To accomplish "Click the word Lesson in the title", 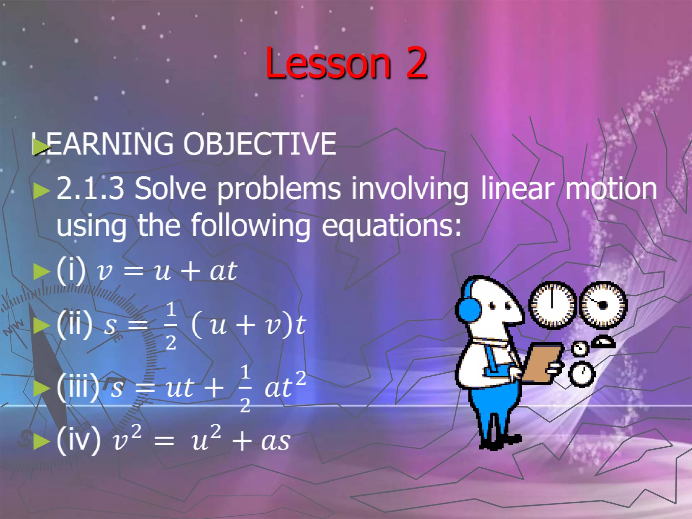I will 328,63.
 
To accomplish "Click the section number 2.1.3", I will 91,188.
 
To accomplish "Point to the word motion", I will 611,188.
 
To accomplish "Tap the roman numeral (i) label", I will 71,270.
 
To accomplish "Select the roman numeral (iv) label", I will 79,440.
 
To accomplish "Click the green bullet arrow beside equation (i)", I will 41,271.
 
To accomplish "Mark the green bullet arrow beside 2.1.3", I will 41,191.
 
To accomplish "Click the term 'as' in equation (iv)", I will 276,441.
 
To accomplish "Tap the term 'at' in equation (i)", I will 223,271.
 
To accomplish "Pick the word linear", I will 517,188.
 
